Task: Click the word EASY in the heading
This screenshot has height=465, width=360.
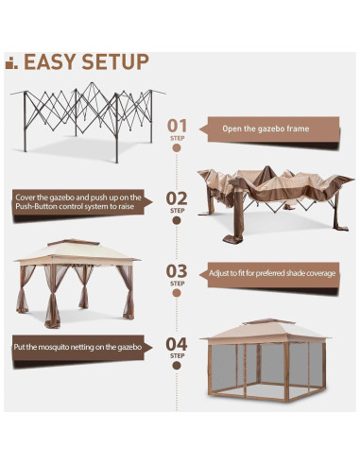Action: click(50, 61)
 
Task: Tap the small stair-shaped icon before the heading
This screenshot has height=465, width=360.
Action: click(11, 63)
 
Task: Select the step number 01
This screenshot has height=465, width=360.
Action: click(177, 126)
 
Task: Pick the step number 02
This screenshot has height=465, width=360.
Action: click(177, 198)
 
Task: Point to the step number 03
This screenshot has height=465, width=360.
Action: click(177, 271)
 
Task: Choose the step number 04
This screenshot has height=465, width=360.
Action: click(177, 344)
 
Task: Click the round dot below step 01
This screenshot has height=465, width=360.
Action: click(177, 147)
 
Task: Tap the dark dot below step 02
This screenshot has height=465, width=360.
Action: click(177, 220)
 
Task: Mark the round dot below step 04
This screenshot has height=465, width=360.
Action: click(177, 366)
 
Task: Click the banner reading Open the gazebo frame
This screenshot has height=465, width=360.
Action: click(269, 129)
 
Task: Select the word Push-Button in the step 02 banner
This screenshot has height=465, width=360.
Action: click(36, 207)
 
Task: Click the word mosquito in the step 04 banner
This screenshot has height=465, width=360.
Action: click(56, 347)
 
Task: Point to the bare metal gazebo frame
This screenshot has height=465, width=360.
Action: click(88, 122)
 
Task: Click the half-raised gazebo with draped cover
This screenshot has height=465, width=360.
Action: click(275, 205)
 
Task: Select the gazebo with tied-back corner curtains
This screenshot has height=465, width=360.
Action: click(77, 284)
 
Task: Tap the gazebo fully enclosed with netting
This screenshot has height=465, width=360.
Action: click(266, 360)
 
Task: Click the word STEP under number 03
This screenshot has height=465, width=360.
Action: click(177, 284)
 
